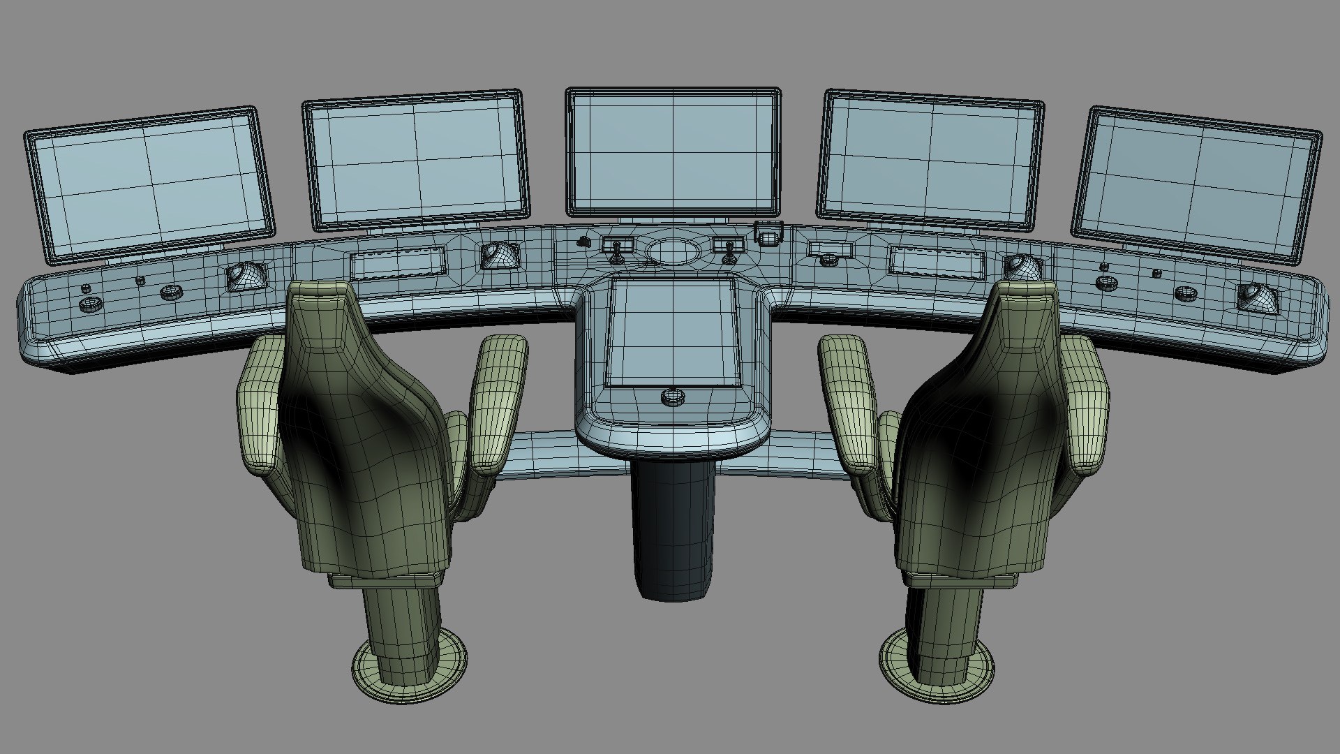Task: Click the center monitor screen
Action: [x=672, y=151]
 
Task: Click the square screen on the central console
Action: [x=672, y=331]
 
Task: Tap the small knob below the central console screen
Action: [x=672, y=397]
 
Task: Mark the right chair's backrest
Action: [x=977, y=433]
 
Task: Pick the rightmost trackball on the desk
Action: [x=1259, y=297]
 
